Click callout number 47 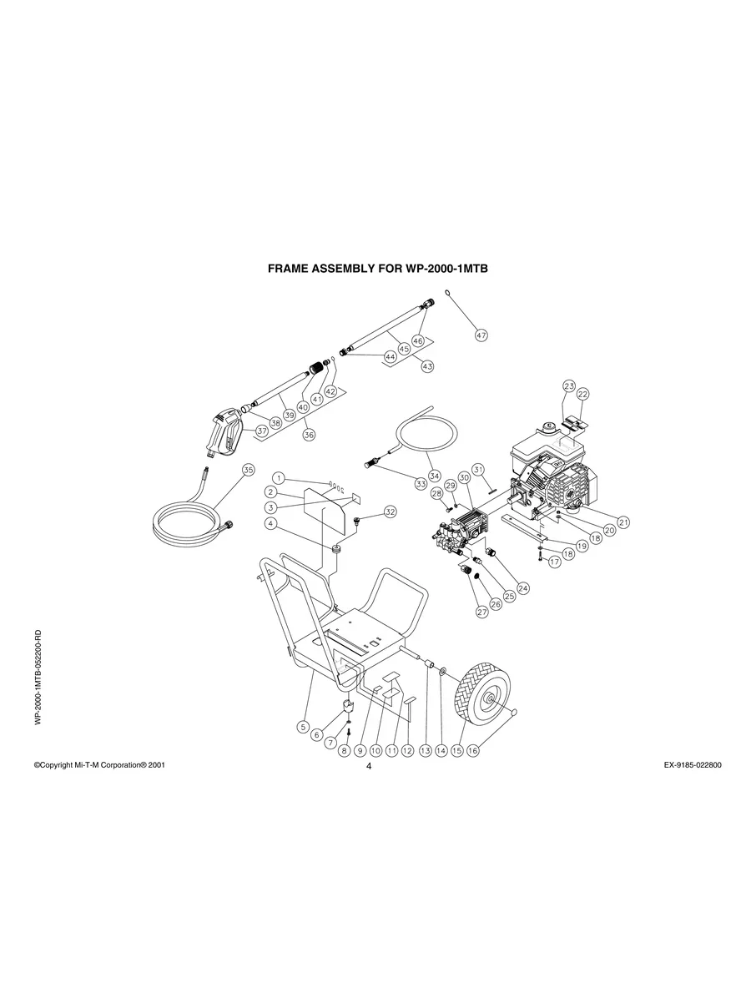(481, 335)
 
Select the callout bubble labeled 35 (247, 470)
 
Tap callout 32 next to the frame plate (390, 511)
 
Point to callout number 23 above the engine (569, 386)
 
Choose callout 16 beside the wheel (472, 750)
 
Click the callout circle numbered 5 (302, 726)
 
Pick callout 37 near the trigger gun (262, 431)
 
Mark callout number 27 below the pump (481, 612)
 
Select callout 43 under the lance (427, 366)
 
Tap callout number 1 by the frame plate (280, 478)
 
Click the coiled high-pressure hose (188, 517)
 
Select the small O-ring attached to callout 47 (448, 293)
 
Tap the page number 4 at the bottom (368, 768)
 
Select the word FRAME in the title (288, 270)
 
